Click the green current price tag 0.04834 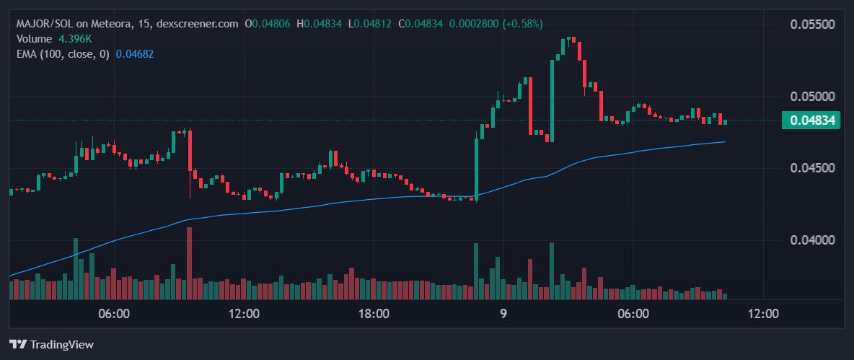coord(811,120)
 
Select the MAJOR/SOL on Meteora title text coord(73,24)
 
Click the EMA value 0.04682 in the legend coord(135,53)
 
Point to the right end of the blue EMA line coord(724,142)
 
